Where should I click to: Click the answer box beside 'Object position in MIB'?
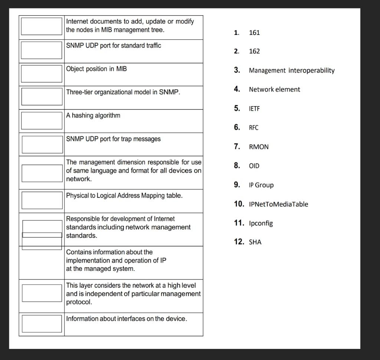click(x=42, y=73)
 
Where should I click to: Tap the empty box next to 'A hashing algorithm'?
click(x=42, y=120)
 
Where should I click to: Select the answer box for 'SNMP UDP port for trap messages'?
click(x=42, y=144)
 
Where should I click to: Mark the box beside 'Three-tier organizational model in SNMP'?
click(x=42, y=96)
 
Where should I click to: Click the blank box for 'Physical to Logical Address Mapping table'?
click(x=42, y=200)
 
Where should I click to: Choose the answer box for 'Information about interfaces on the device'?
click(x=42, y=324)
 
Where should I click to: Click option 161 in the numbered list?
click(x=254, y=33)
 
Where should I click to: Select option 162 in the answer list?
click(x=254, y=51)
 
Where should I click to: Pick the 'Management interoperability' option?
click(x=292, y=71)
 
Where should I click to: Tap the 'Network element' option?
click(x=274, y=89)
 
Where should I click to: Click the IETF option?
click(x=254, y=109)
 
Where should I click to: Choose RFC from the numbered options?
click(x=253, y=128)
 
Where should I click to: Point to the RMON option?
click(x=259, y=147)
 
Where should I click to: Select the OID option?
click(x=254, y=166)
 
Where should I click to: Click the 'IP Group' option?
click(x=261, y=185)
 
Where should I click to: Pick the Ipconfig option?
click(x=261, y=223)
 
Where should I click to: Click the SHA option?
click(x=255, y=242)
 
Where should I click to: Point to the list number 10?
click(x=239, y=204)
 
